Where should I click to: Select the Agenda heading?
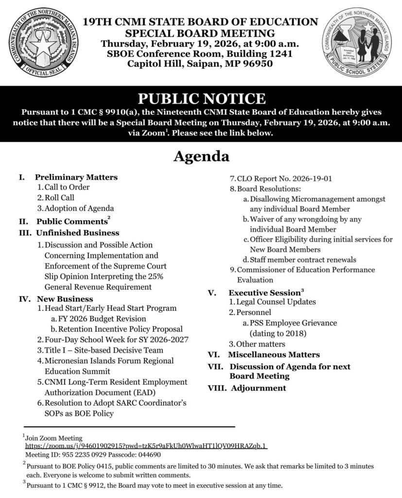(x=201, y=157)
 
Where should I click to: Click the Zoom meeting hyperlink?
(x=147, y=446)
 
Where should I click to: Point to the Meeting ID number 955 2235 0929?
(x=85, y=455)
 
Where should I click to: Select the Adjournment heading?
(x=258, y=388)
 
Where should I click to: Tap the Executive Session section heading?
(x=264, y=293)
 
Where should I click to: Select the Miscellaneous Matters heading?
(x=274, y=355)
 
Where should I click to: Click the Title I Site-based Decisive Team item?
(x=104, y=350)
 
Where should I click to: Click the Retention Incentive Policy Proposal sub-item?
(x=120, y=329)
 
